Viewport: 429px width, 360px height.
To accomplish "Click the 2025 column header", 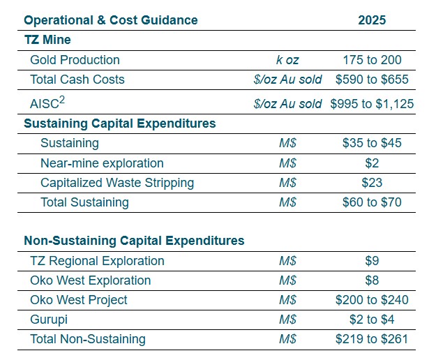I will [371, 20].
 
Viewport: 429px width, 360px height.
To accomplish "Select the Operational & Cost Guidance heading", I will [110, 20].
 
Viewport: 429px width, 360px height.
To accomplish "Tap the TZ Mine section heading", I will [47, 40].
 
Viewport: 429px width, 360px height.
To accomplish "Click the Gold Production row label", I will [75, 60].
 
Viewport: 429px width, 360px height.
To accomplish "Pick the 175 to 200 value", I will [372, 60].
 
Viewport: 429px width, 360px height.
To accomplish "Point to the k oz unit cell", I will [287, 60].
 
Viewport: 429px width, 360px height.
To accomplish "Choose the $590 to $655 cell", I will [372, 80].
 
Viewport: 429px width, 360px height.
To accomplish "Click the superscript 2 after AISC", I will [63, 100].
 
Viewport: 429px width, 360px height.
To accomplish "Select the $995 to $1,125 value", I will [372, 104].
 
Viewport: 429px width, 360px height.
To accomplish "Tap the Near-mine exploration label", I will [102, 163].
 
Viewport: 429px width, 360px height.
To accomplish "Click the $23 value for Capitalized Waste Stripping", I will [372, 183].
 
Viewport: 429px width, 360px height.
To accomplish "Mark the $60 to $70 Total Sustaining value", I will [372, 202].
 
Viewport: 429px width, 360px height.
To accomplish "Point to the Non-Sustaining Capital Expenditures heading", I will [134, 241].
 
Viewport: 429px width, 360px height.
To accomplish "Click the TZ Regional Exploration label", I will [97, 261].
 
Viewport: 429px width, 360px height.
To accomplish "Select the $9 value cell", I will [372, 261].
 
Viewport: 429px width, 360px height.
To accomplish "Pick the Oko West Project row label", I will [79, 300].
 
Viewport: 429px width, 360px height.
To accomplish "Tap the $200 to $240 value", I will [372, 300].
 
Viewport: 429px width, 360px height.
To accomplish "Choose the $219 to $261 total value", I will [372, 339].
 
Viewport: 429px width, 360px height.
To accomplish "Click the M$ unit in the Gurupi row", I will [287, 320].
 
